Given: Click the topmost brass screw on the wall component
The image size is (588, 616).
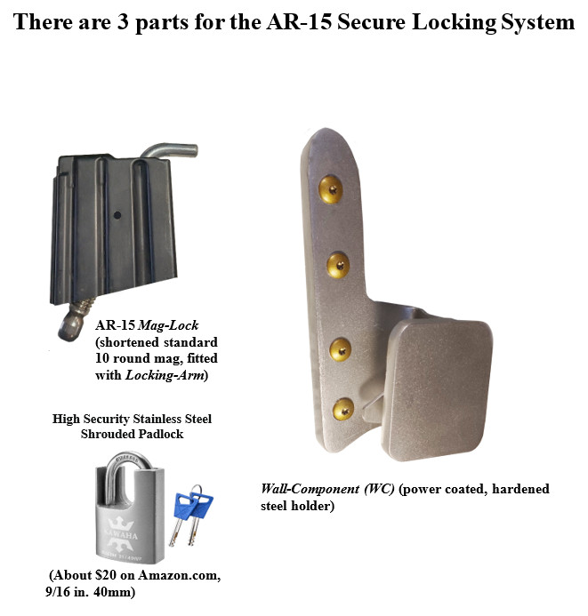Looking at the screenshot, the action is [330, 189].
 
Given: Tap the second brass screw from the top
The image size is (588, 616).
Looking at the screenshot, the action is [338, 265].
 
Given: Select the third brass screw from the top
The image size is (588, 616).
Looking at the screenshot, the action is [340, 349].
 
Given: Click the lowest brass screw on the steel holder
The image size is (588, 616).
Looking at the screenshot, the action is [343, 410].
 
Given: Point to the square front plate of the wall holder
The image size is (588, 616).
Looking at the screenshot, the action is [437, 389].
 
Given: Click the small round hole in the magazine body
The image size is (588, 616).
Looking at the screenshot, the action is [117, 215].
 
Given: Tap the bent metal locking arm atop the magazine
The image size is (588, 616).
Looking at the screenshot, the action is [170, 151].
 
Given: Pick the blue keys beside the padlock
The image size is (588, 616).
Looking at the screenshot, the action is [191, 515].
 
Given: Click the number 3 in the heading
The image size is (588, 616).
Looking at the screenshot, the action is [123, 22].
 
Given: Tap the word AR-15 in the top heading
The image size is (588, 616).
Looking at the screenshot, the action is [299, 22].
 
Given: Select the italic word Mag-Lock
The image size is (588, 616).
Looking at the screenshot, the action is [169, 325].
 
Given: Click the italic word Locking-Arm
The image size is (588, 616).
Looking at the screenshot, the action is [165, 376].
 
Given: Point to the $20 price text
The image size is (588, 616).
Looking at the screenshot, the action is [106, 575].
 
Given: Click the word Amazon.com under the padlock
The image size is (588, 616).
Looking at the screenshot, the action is [179, 575].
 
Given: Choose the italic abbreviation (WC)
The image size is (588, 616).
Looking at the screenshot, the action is [379, 490].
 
